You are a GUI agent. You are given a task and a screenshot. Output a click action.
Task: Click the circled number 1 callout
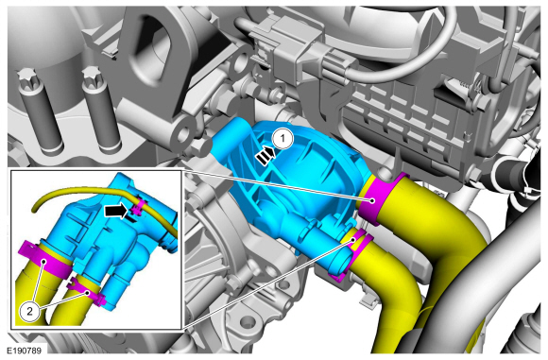283,138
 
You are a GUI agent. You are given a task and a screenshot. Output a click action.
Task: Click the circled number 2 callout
29,311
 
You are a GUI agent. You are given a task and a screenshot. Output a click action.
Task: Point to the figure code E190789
26,351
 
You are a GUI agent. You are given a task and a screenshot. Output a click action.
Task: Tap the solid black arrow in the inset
115,212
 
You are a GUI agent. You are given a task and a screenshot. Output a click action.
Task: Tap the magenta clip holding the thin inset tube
138,207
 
